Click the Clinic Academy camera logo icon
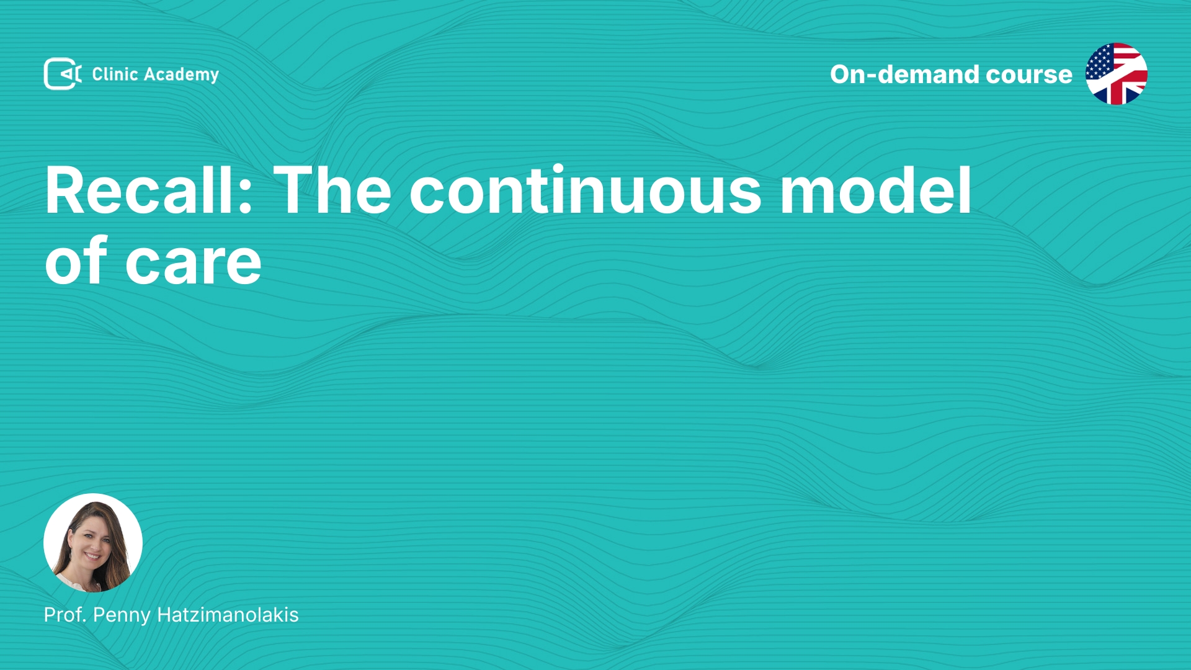[63, 74]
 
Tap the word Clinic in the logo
[115, 74]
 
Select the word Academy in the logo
[181, 75]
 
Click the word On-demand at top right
[904, 74]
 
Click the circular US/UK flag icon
[1117, 74]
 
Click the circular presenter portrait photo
[93, 543]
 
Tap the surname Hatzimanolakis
[228, 615]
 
